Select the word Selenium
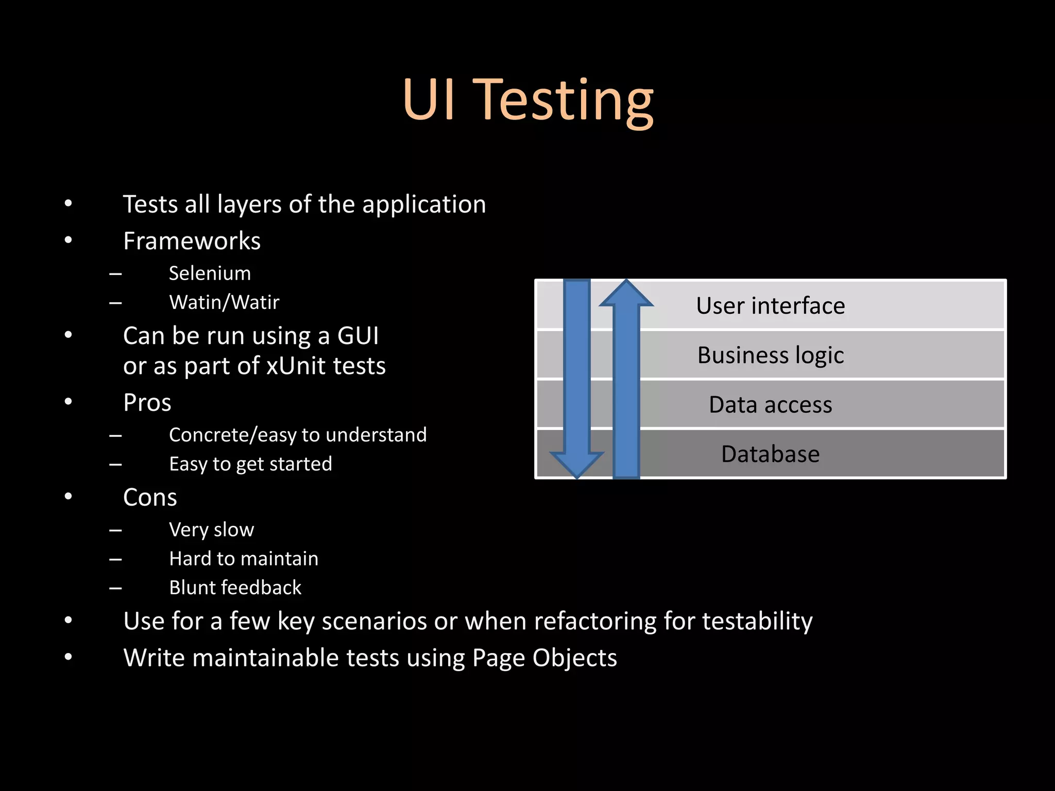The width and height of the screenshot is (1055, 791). [x=210, y=273]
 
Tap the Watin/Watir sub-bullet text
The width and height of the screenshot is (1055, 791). [x=224, y=302]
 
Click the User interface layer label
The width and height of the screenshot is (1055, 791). [x=770, y=305]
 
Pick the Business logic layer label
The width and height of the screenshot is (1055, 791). [x=770, y=355]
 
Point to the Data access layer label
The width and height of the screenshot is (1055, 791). [x=770, y=405]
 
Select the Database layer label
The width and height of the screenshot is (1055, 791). [x=770, y=454]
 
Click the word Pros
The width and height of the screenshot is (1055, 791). [x=147, y=403]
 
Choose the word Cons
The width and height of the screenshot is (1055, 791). [x=150, y=497]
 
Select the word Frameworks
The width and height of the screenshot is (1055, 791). [x=192, y=241]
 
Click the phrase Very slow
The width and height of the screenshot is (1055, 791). [x=211, y=529]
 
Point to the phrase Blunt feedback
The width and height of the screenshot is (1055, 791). [x=235, y=588]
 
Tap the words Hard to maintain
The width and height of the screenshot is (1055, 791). [x=244, y=559]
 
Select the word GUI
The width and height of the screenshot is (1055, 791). [x=358, y=336]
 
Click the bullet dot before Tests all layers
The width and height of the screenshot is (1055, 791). [x=68, y=204]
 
